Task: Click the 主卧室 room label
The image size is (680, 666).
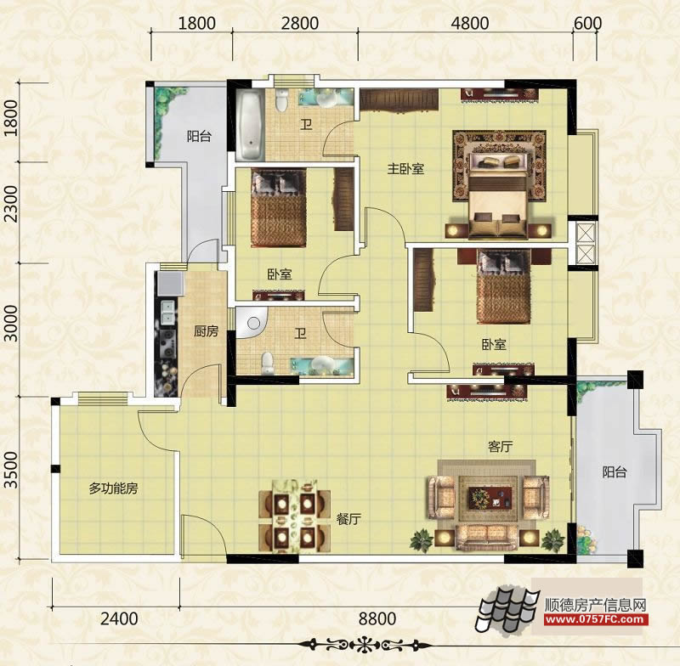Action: [405, 168]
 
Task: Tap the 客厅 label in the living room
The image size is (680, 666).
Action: [500, 446]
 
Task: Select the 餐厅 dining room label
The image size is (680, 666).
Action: [348, 519]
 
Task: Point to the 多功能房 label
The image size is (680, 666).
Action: [113, 488]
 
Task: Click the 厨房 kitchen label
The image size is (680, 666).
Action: [206, 331]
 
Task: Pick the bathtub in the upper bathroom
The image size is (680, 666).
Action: [251, 125]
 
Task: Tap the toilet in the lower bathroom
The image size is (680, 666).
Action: [269, 363]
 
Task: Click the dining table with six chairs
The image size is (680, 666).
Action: [295, 516]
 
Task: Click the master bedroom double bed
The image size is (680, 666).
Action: [499, 195]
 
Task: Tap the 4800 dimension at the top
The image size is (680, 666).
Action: [470, 23]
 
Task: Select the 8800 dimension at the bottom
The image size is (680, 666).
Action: [377, 618]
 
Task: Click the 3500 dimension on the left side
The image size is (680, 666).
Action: [11, 470]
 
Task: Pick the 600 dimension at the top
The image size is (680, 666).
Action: [587, 23]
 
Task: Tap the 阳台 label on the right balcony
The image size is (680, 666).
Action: [615, 471]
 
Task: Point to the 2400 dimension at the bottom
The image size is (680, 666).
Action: [119, 618]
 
